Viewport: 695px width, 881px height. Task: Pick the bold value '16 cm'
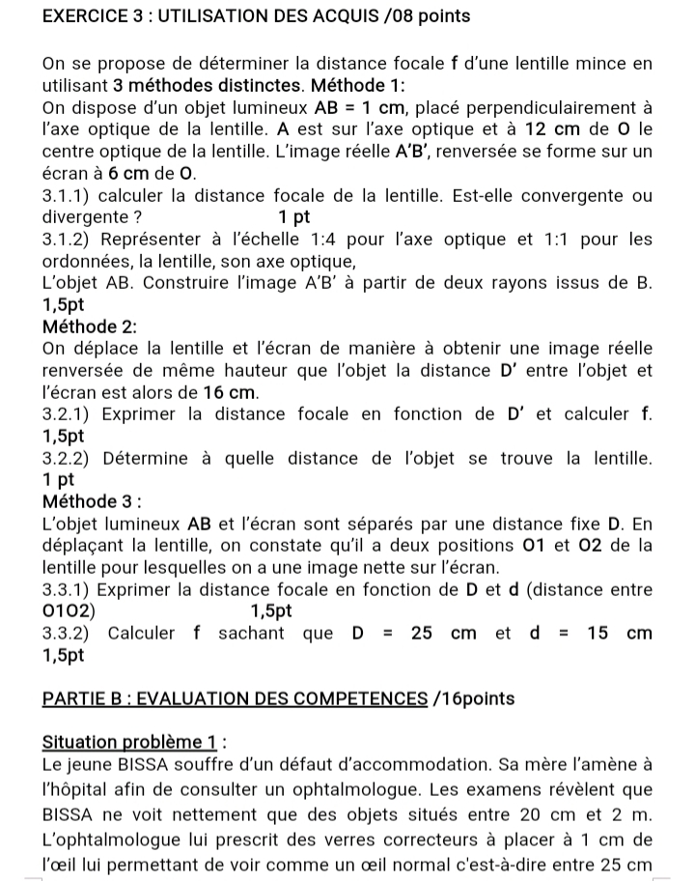coord(232,392)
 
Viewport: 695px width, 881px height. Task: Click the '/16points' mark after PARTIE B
coord(474,698)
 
